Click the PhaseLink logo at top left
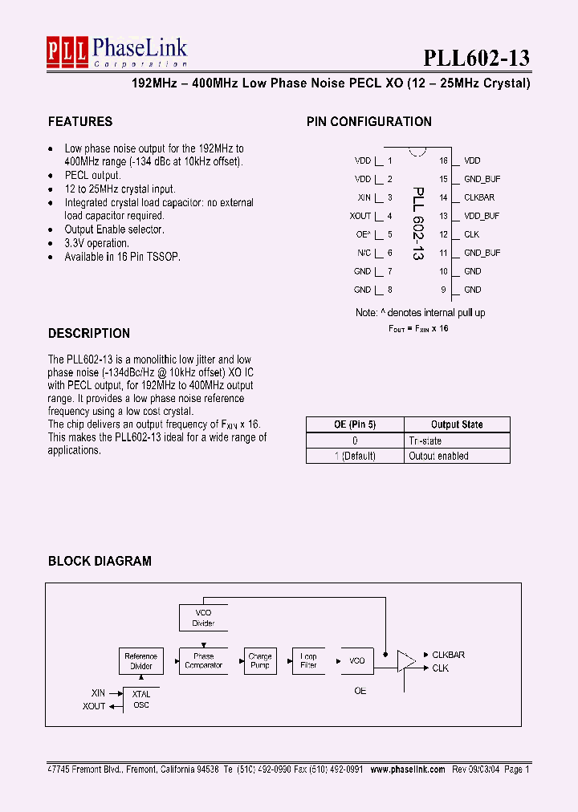pyautogui.click(x=116, y=53)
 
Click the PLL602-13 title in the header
pyautogui.click(x=476, y=58)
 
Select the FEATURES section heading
pyautogui.click(x=80, y=122)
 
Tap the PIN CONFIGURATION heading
pyautogui.click(x=368, y=122)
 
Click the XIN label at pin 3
pyautogui.click(x=364, y=197)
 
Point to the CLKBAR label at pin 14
pyautogui.click(x=479, y=197)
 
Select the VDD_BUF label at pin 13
pyautogui.click(x=482, y=216)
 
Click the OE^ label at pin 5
pyautogui.click(x=363, y=234)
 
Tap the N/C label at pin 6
pyautogui.click(x=364, y=253)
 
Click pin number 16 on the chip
pyautogui.click(x=443, y=161)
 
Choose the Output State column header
pyautogui.click(x=457, y=424)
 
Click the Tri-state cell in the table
pyautogui.click(x=425, y=441)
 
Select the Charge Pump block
pyautogui.click(x=260, y=661)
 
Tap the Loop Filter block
pyautogui.click(x=308, y=661)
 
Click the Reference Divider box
pyautogui.click(x=140, y=661)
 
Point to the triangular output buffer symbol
pyautogui.click(x=406, y=661)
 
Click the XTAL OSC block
pyautogui.click(x=140, y=700)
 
